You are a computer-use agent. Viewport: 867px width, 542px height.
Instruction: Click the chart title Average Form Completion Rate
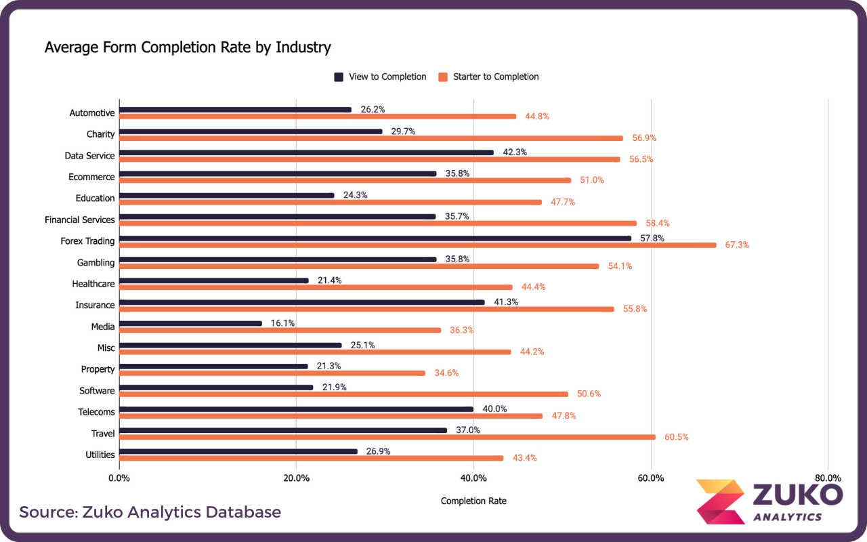(x=188, y=47)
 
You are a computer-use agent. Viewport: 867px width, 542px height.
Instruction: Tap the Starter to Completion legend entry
(x=488, y=77)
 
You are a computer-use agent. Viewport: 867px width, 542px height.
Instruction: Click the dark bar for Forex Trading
(x=375, y=238)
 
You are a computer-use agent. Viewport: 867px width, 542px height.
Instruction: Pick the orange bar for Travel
(x=387, y=437)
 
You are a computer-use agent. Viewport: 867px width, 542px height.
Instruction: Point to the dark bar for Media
(x=191, y=323)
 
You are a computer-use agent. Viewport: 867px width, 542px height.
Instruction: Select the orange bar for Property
(x=272, y=373)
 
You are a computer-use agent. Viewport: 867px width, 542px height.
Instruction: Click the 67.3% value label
(x=737, y=245)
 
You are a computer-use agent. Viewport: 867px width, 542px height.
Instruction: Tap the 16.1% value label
(x=282, y=323)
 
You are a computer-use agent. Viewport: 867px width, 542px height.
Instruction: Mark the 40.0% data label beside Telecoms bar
(x=494, y=409)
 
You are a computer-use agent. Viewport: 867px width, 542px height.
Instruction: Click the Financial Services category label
(x=80, y=220)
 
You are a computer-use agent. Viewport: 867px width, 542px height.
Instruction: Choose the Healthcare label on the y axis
(x=93, y=284)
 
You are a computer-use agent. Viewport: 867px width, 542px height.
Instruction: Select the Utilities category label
(x=100, y=455)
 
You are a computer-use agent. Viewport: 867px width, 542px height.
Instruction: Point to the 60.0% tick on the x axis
(x=651, y=478)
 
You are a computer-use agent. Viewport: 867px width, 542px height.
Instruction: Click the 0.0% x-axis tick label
(x=119, y=478)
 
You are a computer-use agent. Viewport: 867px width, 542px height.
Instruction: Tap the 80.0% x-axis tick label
(x=828, y=478)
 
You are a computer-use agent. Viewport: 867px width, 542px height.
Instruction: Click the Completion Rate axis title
(x=473, y=501)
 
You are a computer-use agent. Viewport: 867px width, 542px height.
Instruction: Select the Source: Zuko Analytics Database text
(x=150, y=512)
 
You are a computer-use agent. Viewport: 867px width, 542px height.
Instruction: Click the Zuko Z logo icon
(x=719, y=501)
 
